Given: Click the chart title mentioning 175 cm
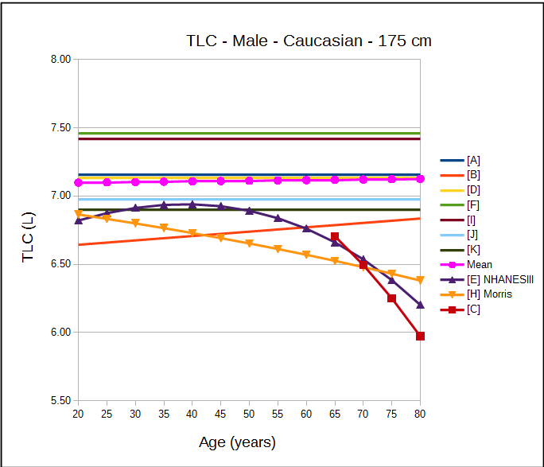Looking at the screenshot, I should click(x=309, y=41).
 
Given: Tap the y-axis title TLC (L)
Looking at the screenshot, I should click(x=29, y=230).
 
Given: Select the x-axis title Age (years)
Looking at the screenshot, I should click(x=237, y=442).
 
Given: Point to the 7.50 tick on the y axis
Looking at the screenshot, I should click(x=60, y=127).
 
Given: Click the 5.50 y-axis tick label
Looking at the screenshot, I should click(x=60, y=400).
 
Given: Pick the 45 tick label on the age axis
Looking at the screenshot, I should click(x=220, y=414).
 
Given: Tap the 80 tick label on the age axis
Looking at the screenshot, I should click(x=420, y=414).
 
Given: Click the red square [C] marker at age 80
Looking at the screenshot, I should click(x=420, y=337).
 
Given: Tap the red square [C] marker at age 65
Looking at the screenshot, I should click(x=335, y=236).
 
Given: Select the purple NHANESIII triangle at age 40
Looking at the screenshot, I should click(x=192, y=204).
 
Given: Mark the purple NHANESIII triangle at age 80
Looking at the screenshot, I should click(x=420, y=305).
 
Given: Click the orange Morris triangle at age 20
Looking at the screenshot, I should click(x=78, y=214).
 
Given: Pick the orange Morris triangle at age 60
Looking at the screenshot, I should click(x=306, y=255).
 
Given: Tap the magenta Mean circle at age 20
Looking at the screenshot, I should click(x=78, y=183).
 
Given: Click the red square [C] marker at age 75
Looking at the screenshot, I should click(x=391, y=298).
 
